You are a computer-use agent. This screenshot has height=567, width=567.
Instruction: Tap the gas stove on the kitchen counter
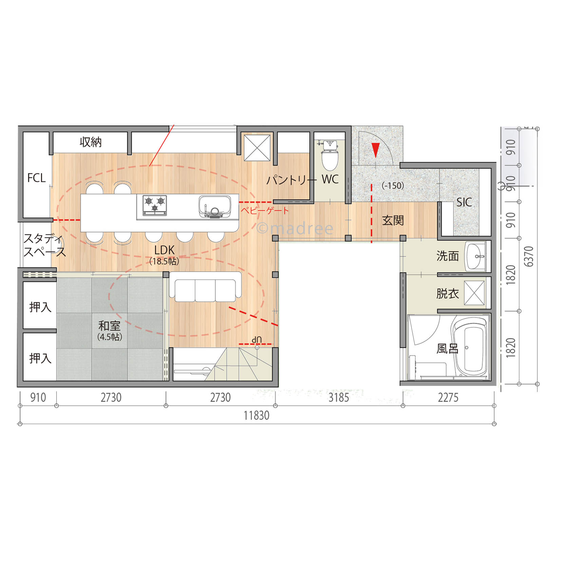tap(155, 205)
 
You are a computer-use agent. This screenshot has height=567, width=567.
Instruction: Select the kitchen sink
tap(215, 206)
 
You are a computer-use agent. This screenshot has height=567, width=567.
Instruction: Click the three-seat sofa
tap(205, 287)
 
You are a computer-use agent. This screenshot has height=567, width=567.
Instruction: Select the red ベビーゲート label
tap(265, 210)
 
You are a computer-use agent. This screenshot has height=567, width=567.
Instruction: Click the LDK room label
tap(164, 250)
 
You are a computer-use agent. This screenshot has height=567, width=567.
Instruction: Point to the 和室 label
tap(109, 326)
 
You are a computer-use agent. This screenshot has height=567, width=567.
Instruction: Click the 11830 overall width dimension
tap(257, 415)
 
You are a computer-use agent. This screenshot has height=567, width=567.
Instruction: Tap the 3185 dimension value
tap(339, 397)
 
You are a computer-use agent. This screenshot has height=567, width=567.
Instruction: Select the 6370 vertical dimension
tap(529, 256)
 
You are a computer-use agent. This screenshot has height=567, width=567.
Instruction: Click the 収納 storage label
tap(91, 142)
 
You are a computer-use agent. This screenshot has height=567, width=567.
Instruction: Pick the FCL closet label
tap(36, 178)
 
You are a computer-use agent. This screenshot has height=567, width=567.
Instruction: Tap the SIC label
tap(464, 202)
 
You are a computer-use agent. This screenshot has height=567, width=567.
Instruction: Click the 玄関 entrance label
tap(393, 220)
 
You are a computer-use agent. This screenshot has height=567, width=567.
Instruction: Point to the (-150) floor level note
tap(393, 186)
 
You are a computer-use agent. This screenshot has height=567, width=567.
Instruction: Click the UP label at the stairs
tap(257, 339)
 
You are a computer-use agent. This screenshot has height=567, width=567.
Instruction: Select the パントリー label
tap(291, 179)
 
